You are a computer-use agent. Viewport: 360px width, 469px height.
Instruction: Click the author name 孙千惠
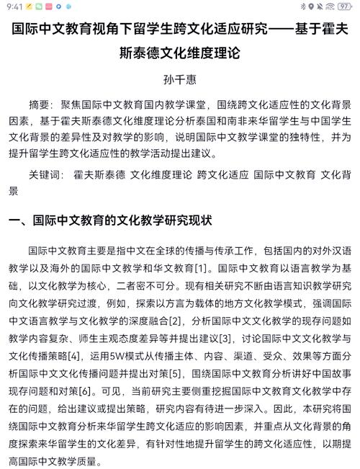[x=180, y=79]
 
